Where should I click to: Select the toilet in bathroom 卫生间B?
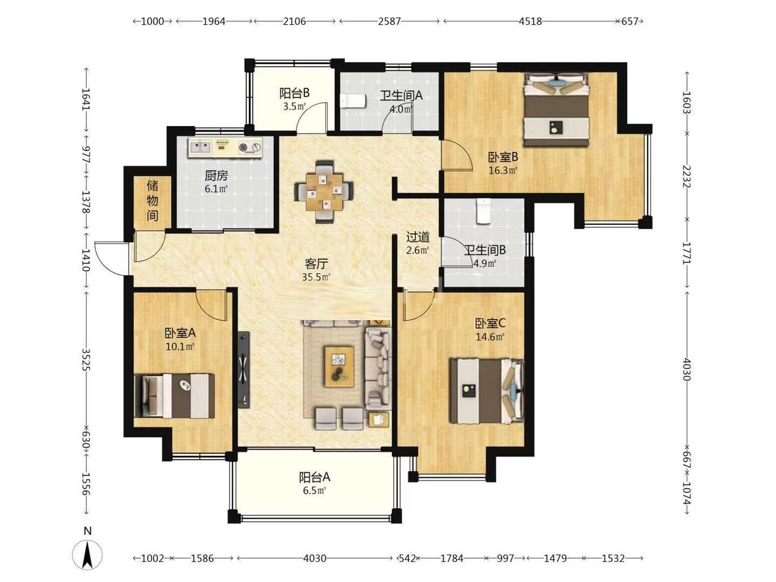483,211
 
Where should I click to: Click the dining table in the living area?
324,192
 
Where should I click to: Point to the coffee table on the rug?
339,366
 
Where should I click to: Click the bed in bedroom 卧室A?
175,396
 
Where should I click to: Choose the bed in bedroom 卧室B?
557,109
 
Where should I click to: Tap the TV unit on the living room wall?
243,369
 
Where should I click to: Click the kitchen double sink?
201,146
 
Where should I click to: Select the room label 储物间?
153,201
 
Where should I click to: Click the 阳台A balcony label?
315,478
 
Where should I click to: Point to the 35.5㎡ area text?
316,277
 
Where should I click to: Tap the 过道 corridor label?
418,237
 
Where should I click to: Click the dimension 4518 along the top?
530,21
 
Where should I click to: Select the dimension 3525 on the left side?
86,360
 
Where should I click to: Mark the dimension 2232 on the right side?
686,176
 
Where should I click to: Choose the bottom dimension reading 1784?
452,559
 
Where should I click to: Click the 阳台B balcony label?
295,92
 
